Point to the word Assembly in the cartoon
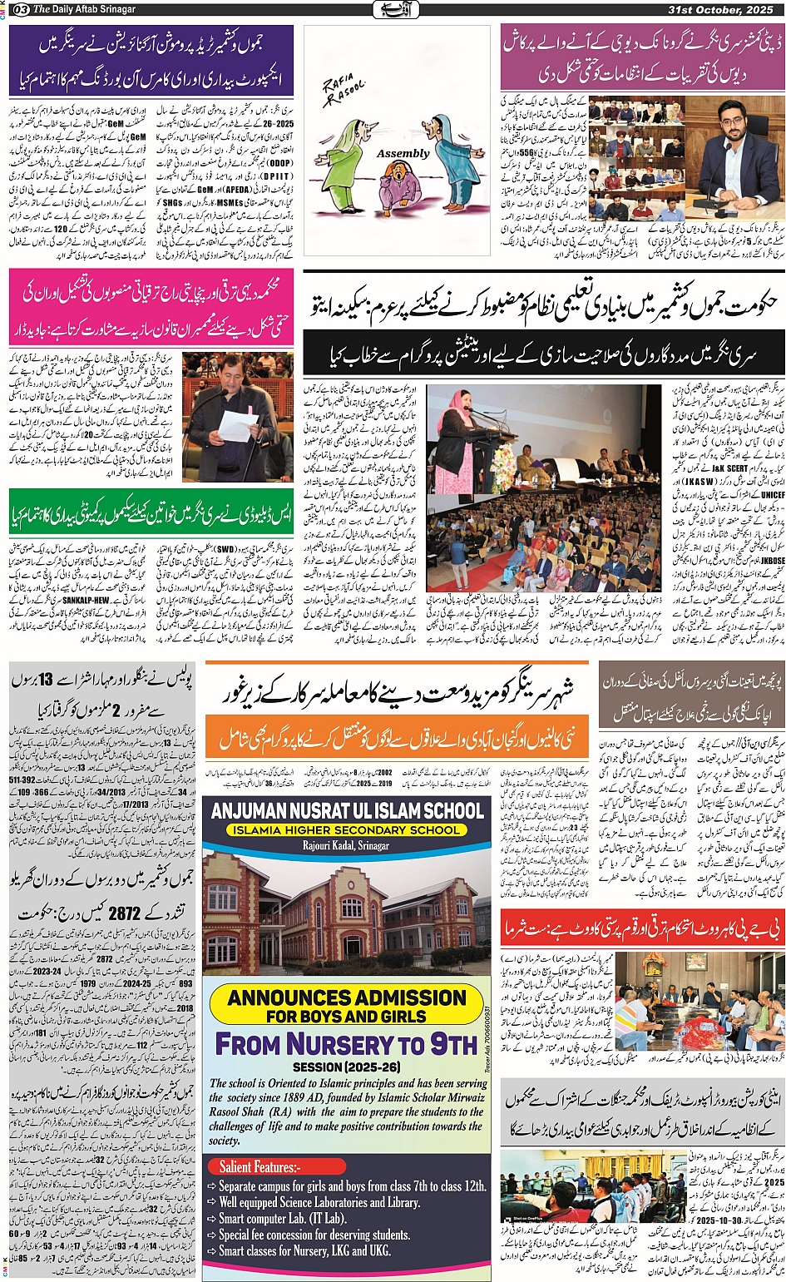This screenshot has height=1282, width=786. [x=403, y=154]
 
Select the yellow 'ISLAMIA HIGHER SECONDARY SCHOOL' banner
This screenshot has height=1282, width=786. [x=346, y=830]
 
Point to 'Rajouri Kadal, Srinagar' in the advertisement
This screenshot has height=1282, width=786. [x=346, y=845]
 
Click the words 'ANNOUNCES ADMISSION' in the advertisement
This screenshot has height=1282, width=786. [x=347, y=997]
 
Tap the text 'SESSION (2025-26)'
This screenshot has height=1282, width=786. [x=346, y=1067]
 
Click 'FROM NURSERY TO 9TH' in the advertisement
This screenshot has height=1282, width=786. [x=346, y=1043]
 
